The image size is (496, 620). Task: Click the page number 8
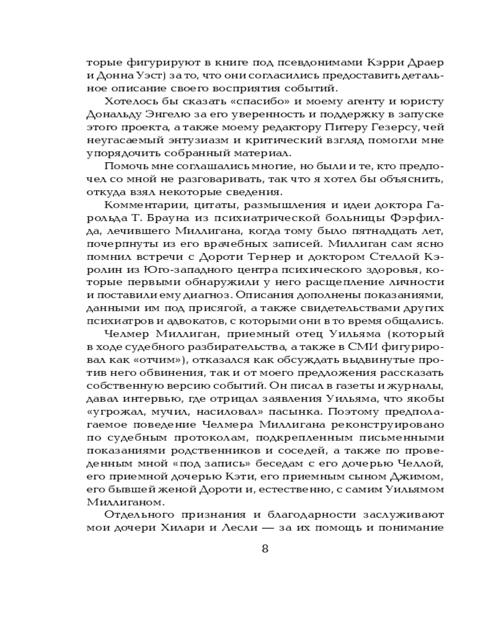[265, 549]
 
